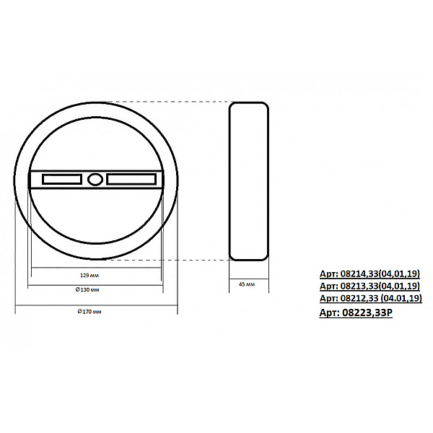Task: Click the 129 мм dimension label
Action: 89,276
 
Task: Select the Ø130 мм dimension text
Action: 87,289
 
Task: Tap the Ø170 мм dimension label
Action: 89,312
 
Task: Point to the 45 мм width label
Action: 247,284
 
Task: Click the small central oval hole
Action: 95,180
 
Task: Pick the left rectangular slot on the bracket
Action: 62,179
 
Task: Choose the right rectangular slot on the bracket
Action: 131,179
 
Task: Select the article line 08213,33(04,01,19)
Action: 369,286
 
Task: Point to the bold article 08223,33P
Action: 356,312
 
